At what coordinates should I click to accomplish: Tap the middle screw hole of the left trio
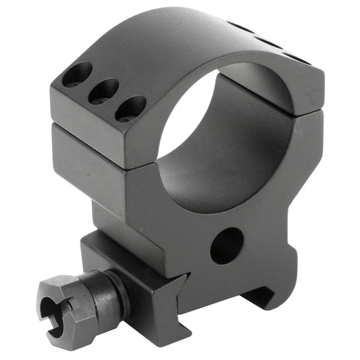(105, 91)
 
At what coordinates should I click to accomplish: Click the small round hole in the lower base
(227, 245)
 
